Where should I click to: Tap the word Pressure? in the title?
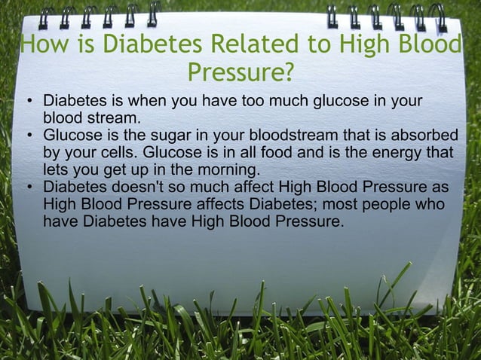[x=240, y=74]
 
